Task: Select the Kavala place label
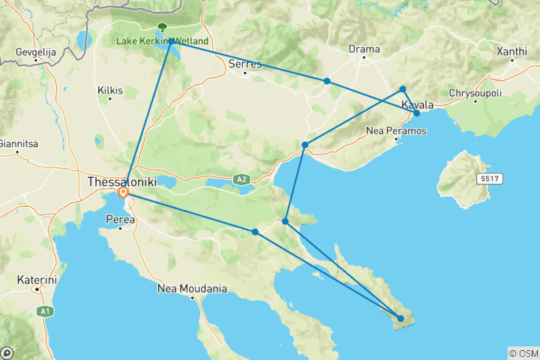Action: point(417,105)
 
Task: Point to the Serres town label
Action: point(245,64)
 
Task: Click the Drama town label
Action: point(364,49)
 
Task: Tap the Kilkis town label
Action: point(109,90)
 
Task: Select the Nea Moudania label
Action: point(193,288)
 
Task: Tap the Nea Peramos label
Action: point(396,131)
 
